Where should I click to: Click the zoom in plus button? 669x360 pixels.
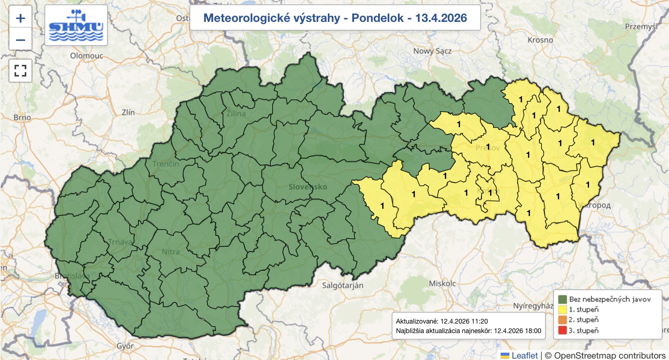coord(20,18)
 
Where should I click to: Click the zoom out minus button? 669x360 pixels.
coord(20,40)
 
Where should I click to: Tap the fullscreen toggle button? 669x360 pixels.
coord(20,70)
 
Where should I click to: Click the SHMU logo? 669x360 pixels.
coord(76,26)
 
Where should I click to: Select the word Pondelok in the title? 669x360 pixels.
coord(377,18)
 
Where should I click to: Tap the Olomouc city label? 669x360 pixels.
coord(87,56)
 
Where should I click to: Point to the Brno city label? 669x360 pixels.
coord(22,117)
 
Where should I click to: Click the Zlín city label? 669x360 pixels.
coord(128,112)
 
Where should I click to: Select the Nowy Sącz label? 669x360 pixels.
coord(432,51)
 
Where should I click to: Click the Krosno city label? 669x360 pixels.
coord(540,40)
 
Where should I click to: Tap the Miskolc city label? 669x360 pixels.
coord(442,283)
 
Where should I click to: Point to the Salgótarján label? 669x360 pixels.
coord(342,286)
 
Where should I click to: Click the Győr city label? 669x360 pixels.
coord(125,346)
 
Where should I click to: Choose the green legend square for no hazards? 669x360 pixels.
coord(562,299)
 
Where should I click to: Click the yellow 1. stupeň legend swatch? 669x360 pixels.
coord(562,309)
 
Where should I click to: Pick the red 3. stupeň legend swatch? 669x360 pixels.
coord(562,330)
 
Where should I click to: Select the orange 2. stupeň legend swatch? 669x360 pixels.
coord(562,320)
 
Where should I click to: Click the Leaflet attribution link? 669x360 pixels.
coord(524,355)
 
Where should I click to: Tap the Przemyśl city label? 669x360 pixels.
coord(641,26)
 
